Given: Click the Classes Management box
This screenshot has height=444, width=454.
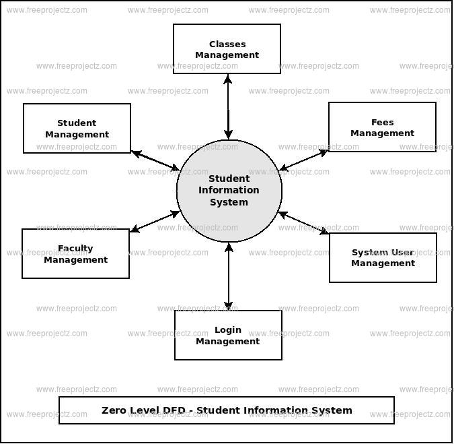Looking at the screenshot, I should pyautogui.click(x=227, y=49).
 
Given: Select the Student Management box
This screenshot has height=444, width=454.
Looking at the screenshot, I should pyautogui.click(x=77, y=128).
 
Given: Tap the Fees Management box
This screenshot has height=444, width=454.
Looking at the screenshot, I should pyautogui.click(x=382, y=127).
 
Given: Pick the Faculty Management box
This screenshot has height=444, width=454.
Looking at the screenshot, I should pyautogui.click(x=75, y=253).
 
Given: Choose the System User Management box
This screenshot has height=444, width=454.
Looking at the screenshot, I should pyautogui.click(x=383, y=257).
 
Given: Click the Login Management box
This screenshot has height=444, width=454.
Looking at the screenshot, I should pyautogui.click(x=228, y=335).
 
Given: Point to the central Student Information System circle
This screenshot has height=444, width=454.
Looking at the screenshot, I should pyautogui.click(x=229, y=191).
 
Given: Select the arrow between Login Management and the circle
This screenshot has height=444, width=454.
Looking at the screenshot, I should pyautogui.click(x=229, y=276).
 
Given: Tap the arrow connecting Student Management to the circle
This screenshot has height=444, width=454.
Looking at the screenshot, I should pyautogui.click(x=155, y=160).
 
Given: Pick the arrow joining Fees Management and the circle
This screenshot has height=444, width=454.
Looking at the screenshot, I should pyautogui.click(x=303, y=160).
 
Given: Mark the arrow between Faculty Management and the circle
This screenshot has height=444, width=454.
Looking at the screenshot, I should pyautogui.click(x=155, y=222).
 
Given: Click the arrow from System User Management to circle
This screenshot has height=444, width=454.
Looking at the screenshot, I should pyautogui.click(x=303, y=223).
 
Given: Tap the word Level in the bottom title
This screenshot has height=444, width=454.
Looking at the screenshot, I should pyautogui.click(x=145, y=410).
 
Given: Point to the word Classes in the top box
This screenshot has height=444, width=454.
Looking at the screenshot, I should pyautogui.click(x=227, y=44).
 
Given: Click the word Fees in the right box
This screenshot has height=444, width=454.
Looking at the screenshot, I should pyautogui.click(x=382, y=122).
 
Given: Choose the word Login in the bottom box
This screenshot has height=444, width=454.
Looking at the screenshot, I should pyautogui.click(x=228, y=329).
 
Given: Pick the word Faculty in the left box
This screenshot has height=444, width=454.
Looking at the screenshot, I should pyautogui.click(x=75, y=248).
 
